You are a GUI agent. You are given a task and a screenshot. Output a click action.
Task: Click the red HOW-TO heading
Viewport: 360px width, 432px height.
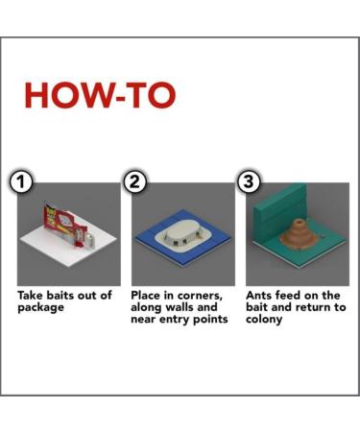[100, 95]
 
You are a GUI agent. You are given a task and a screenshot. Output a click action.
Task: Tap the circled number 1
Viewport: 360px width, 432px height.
[21, 181]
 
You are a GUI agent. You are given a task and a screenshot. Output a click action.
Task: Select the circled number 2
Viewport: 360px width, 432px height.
[135, 181]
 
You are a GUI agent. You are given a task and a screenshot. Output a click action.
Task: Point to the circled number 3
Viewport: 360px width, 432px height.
[249, 181]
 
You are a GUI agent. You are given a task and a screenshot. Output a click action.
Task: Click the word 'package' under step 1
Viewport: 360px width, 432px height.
[40, 308]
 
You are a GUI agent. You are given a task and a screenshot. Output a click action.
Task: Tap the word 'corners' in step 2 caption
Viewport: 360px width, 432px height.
[200, 296]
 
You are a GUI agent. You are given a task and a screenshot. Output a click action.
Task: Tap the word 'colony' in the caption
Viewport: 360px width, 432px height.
[264, 320]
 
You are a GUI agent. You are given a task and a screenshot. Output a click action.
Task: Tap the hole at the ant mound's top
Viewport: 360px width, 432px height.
[299, 222]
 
